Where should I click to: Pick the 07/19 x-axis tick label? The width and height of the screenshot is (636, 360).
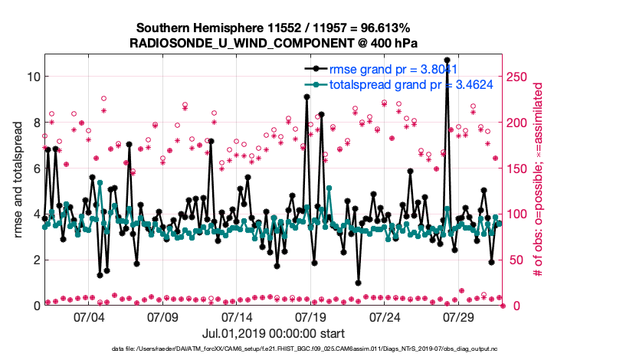(311, 316)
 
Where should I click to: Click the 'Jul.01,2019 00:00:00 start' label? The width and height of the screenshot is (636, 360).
(273, 333)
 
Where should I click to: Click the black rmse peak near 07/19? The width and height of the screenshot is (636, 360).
(307, 97)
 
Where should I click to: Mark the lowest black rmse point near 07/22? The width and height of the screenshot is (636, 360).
(358, 283)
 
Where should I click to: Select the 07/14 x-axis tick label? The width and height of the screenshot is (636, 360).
(237, 316)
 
